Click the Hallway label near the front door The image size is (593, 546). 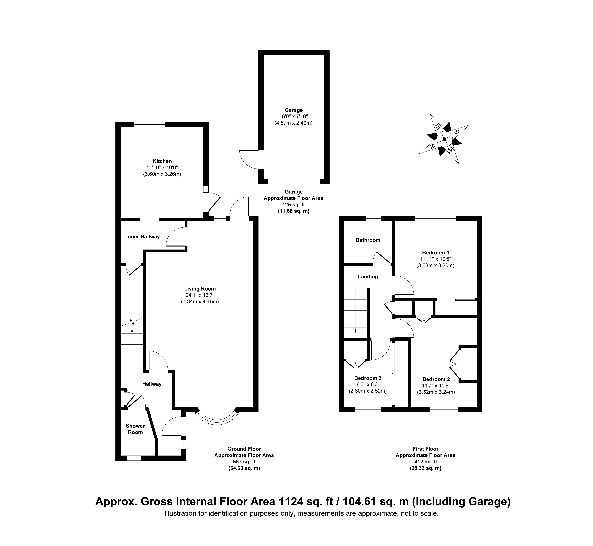coord(152,384)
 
